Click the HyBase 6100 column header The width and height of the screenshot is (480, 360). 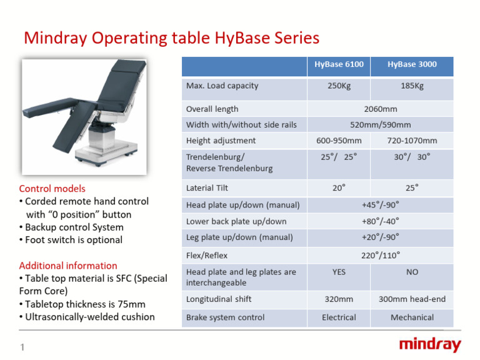coord(339,65)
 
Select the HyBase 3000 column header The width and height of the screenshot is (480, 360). coord(412,65)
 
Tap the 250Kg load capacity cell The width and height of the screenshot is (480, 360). coord(339,86)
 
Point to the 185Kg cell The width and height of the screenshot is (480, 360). coord(412,86)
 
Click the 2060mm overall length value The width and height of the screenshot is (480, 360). coord(380,109)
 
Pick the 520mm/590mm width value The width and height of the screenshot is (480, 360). coord(380,125)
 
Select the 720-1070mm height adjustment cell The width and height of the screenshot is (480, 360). coord(412,141)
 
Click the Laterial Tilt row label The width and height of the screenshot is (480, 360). coord(207,187)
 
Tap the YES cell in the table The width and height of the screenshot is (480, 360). coord(339,272)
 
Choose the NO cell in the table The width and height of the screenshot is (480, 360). coord(412,272)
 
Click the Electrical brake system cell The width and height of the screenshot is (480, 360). coord(339,317)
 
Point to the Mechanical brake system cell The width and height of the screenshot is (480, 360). coord(412,317)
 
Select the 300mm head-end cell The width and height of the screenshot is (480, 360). coord(412,299)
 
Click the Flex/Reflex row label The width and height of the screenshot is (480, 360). coord(207,255)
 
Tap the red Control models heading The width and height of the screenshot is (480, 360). coord(52,189)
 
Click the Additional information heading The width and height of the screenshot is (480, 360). coord(68,266)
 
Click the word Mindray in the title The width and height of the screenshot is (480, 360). coord(56,38)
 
